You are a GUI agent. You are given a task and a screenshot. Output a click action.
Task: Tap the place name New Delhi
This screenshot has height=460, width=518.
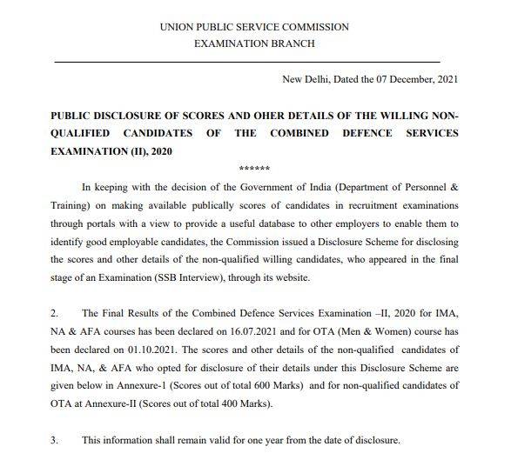306,80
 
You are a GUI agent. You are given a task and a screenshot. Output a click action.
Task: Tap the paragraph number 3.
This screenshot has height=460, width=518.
54,441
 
